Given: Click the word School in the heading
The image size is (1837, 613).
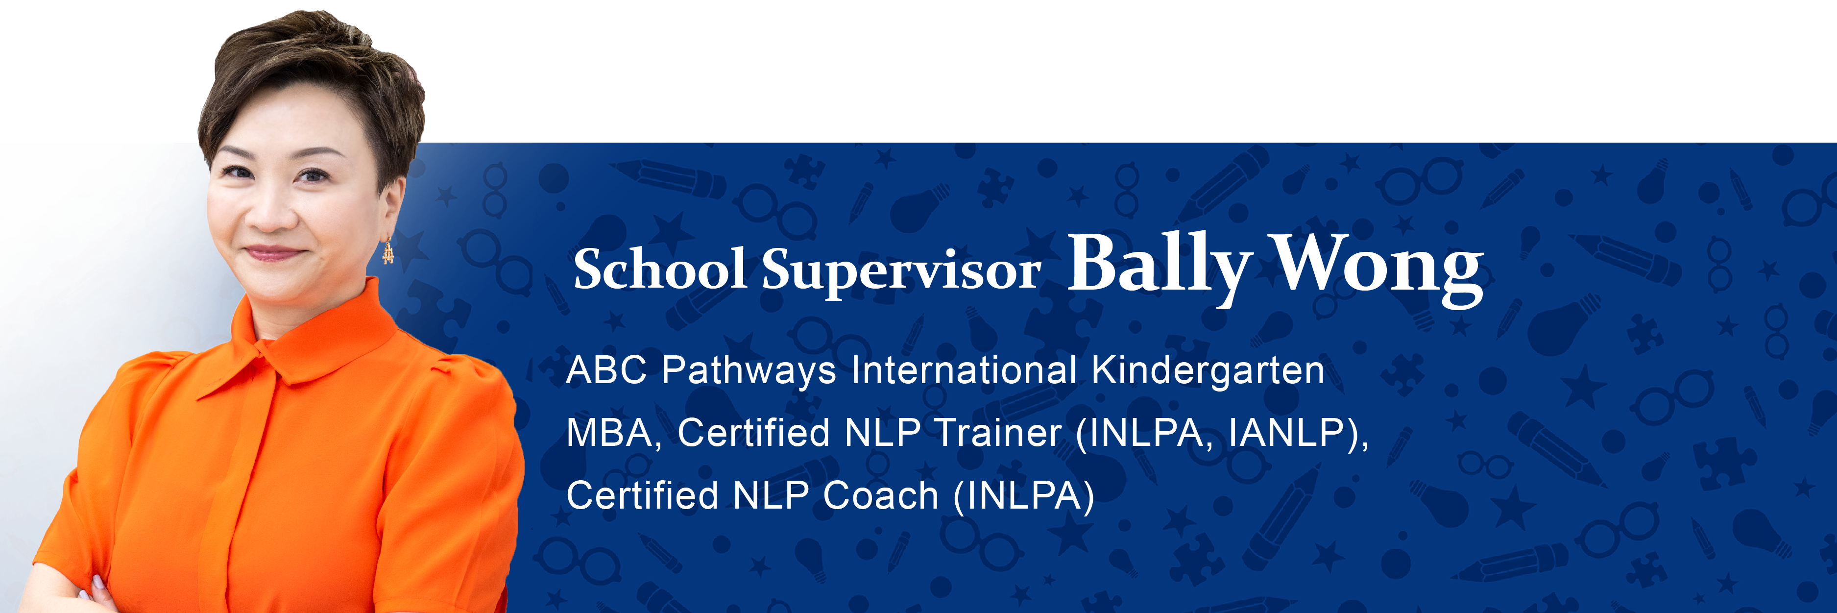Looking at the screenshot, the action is pyautogui.click(x=660, y=269).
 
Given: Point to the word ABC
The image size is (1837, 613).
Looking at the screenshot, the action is pyautogui.click(x=607, y=370).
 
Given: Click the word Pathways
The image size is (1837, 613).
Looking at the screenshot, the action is pyautogui.click(x=749, y=372).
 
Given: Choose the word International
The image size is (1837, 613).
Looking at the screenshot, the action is pyautogui.click(x=964, y=370).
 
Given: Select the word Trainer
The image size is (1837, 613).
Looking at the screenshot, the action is pyautogui.click(x=998, y=433).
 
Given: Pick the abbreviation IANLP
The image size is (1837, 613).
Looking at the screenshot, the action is pyautogui.click(x=1287, y=433).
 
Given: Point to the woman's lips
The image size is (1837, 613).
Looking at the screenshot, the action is pyautogui.click(x=272, y=253).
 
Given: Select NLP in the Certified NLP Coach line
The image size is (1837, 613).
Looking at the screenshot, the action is pyautogui.click(x=771, y=496).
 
